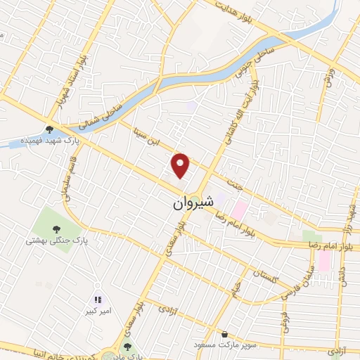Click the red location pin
(x=181, y=165)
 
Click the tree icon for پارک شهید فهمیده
(x=49, y=129)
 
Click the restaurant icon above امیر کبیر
(x=98, y=300)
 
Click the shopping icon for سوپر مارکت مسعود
(x=224, y=335)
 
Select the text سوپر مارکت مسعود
(x=223, y=346)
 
